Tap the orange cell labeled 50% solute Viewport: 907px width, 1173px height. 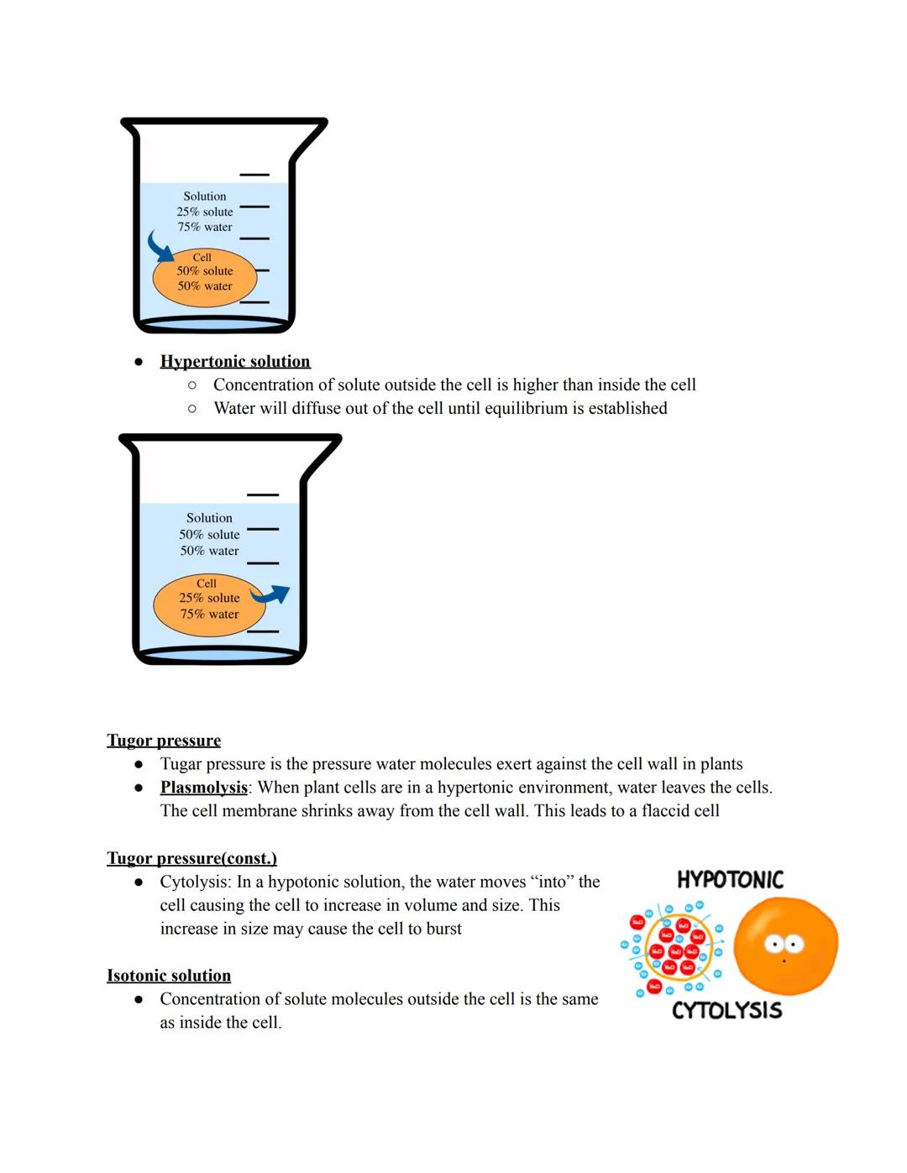204,278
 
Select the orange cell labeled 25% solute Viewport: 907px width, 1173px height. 209,605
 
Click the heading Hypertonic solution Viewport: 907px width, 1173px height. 235,361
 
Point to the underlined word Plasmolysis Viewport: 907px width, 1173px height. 203,788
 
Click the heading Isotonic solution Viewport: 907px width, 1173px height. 169,976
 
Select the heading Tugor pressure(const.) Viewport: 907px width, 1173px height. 191,858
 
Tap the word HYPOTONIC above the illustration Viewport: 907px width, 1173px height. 730,880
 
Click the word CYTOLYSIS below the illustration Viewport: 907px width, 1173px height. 726,1010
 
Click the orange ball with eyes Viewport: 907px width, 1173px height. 785,945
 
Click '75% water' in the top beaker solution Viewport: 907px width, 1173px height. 205,227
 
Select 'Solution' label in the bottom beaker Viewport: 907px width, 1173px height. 209,518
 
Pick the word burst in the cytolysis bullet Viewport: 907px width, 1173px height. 443,929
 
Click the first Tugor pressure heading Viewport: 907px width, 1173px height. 164,741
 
